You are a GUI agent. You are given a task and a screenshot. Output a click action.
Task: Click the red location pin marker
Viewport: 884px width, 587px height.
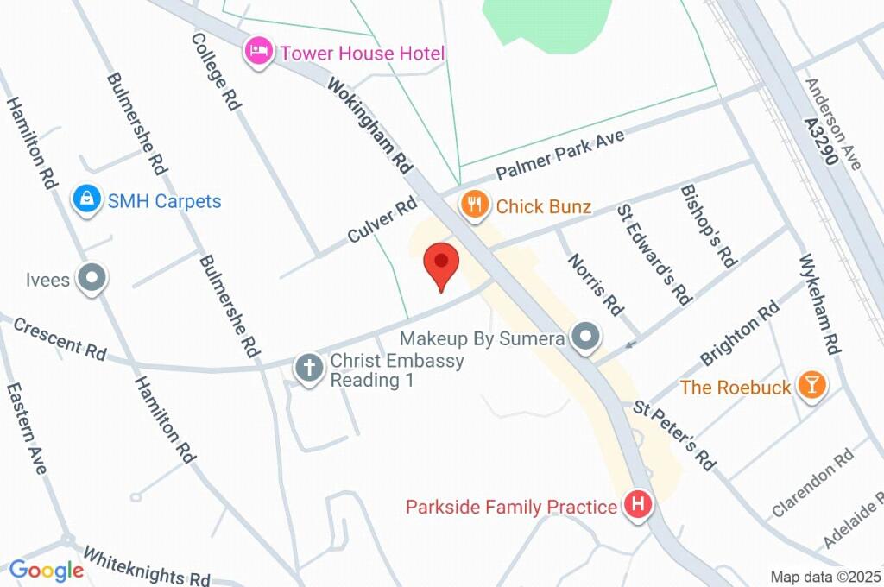pyautogui.click(x=442, y=262)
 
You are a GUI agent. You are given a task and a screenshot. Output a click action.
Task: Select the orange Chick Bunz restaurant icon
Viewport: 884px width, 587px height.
pyautogui.click(x=473, y=205)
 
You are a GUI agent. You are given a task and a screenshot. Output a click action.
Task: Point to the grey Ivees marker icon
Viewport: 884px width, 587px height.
pyautogui.click(x=92, y=279)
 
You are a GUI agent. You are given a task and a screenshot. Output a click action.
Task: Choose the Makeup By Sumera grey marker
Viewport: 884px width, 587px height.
pyautogui.click(x=586, y=338)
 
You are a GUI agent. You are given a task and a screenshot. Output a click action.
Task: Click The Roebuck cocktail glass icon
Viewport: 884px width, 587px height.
pyautogui.click(x=811, y=386)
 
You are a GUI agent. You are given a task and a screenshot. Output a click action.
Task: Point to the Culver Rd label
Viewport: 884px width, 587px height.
pyautogui.click(x=382, y=222)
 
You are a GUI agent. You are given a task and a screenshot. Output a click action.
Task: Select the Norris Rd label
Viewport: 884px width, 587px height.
pyautogui.click(x=595, y=283)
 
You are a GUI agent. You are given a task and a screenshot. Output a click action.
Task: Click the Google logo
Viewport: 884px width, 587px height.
pyautogui.click(x=47, y=570)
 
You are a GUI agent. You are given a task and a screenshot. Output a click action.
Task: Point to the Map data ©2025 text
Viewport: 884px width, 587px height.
pyautogui.click(x=825, y=577)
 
